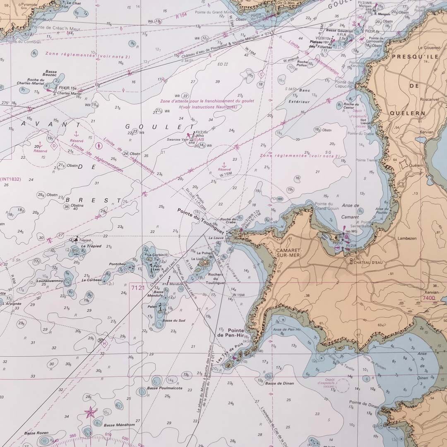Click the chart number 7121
pos(138,287)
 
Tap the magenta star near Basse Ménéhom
pos(89,412)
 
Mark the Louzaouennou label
pos(49,281)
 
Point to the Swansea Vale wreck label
pos(177,140)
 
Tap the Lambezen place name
pos(406,238)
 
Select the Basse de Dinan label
pos(280,383)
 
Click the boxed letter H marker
pos(104,343)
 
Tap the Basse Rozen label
pos(36,433)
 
